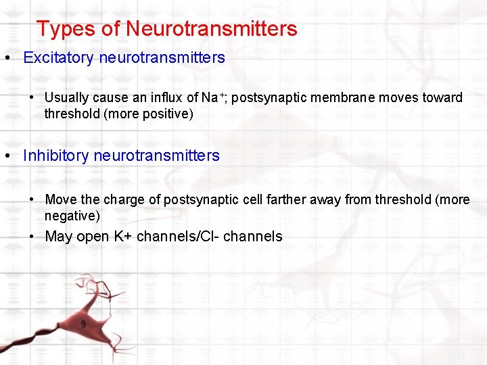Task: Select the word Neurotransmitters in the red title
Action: [211, 29]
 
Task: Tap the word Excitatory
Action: [58, 58]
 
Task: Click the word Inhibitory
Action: [56, 156]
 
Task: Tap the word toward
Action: [442, 98]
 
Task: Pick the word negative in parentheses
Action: [71, 216]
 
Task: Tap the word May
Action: [59, 237]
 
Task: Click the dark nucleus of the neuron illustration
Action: [83, 324]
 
